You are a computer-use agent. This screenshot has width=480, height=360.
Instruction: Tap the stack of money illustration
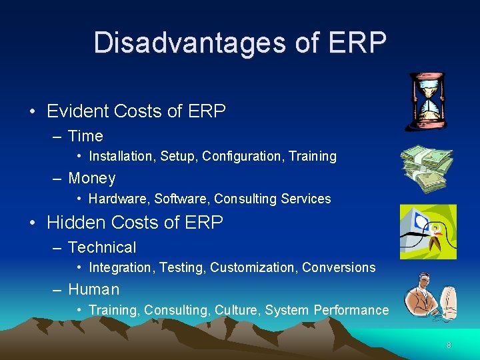click(x=427, y=168)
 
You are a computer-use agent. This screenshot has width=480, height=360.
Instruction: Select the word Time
click(x=85, y=136)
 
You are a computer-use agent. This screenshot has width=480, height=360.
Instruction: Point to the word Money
click(x=92, y=179)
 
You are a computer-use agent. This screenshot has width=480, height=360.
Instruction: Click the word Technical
click(x=102, y=247)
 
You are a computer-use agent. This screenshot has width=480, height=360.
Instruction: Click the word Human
click(x=94, y=289)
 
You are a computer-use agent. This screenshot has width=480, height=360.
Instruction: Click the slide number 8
click(x=449, y=345)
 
